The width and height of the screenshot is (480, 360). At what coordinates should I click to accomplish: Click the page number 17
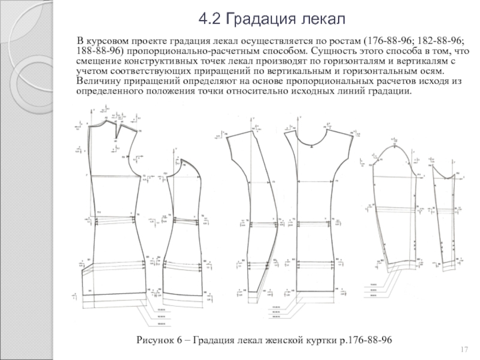point(463,350)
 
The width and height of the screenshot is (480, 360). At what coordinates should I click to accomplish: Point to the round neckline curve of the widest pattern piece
point(314,142)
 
